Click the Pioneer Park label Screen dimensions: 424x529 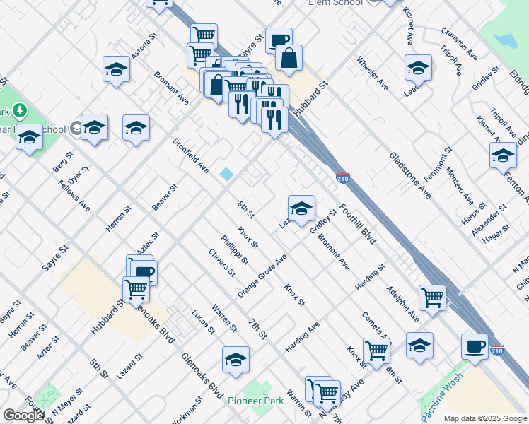click(x=255, y=401)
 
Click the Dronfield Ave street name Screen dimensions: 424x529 click(x=191, y=155)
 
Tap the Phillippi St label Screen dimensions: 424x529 click(x=234, y=249)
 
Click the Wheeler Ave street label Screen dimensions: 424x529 click(x=372, y=73)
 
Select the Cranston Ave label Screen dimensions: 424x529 click(x=459, y=44)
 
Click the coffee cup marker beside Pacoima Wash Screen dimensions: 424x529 click(x=475, y=346)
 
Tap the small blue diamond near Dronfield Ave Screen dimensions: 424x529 click(x=226, y=174)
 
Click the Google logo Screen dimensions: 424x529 click(x=23, y=416)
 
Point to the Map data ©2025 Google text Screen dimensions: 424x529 click(x=484, y=418)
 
